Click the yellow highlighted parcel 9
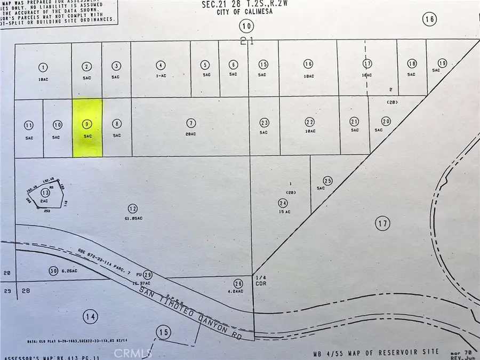point(87,128)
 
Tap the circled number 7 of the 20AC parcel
point(191,124)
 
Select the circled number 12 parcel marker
point(133,207)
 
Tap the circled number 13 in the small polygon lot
point(45,193)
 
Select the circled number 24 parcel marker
point(283,202)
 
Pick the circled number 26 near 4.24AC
point(238,283)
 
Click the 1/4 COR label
point(261,281)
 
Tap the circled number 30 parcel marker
point(52,270)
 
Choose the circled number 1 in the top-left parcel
point(43,67)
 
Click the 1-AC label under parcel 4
point(161,76)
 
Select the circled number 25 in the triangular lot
point(328,181)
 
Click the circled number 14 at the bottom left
point(91,316)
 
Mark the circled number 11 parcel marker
point(29,125)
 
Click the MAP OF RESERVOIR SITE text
point(397,352)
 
